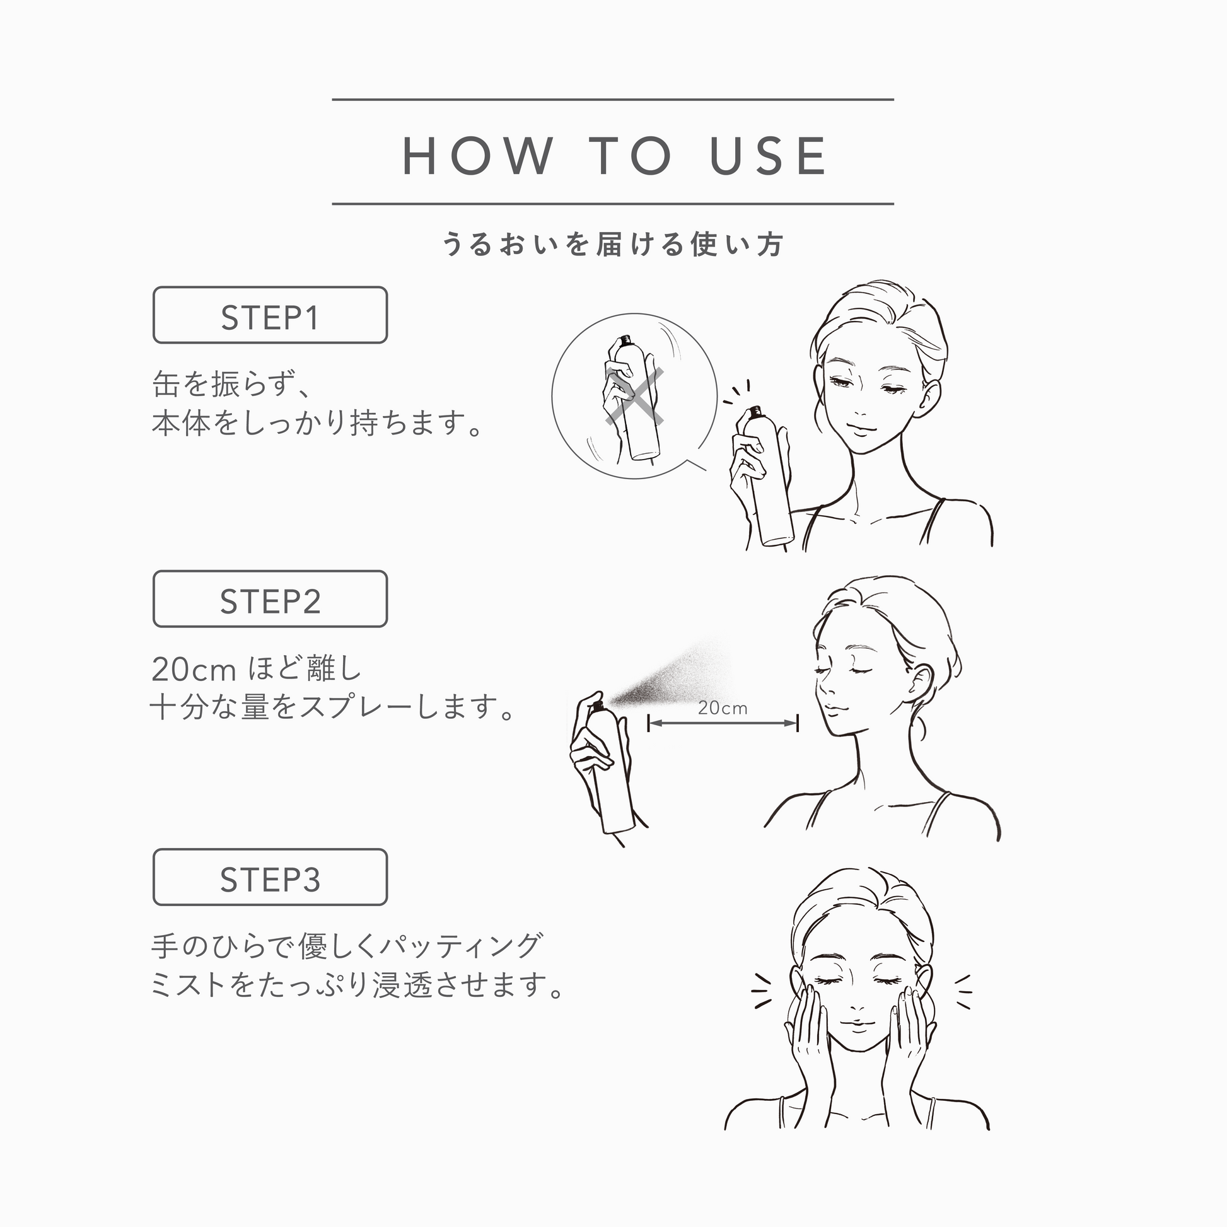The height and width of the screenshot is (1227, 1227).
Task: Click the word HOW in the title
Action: pos(478,156)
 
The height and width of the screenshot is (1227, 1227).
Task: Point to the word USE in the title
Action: pos(768,156)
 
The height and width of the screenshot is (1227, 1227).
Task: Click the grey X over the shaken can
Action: pos(634,396)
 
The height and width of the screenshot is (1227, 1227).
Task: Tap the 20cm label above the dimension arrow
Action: pos(722,708)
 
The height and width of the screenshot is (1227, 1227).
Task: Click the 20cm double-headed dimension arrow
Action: pos(723,723)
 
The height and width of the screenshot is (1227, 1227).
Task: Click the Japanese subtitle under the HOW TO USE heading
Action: pos(613,245)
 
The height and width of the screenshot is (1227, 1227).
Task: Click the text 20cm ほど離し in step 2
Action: pos(256,669)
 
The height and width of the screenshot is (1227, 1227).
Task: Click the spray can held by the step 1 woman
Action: pos(767,477)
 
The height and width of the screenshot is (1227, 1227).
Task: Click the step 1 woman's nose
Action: pos(858,404)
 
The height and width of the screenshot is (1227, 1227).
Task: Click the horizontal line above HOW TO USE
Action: pos(613,100)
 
